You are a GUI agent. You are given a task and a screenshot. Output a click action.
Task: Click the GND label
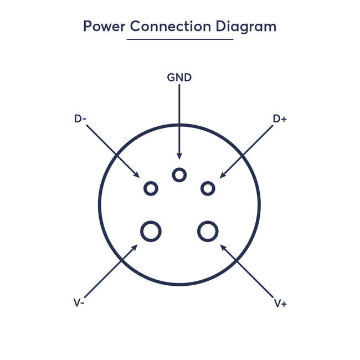[179, 78]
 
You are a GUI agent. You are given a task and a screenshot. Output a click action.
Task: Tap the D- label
[80, 119]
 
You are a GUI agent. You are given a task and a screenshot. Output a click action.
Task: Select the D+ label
[280, 119]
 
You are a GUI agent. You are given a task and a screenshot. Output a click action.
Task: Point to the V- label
[79, 303]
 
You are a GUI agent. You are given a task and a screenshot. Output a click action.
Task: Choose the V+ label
[280, 303]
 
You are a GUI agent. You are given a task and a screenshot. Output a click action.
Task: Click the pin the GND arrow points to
[179, 174]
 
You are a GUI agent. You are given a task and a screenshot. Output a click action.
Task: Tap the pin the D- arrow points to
[151, 188]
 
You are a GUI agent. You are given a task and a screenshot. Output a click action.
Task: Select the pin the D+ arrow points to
[208, 188]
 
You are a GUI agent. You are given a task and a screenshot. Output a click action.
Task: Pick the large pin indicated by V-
[151, 230]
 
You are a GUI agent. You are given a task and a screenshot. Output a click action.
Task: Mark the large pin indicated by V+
[208, 230]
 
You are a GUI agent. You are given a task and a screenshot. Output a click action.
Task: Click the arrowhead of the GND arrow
[179, 157]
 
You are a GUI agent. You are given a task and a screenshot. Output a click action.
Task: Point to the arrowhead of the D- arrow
[137, 175]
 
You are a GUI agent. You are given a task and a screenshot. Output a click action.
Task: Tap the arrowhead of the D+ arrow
[222, 175]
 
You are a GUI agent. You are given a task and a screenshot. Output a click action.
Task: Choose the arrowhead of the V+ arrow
[223, 245]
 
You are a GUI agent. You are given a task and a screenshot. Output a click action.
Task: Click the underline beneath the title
[179, 39]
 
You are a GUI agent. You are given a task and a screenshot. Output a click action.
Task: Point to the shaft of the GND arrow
[179, 119]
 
